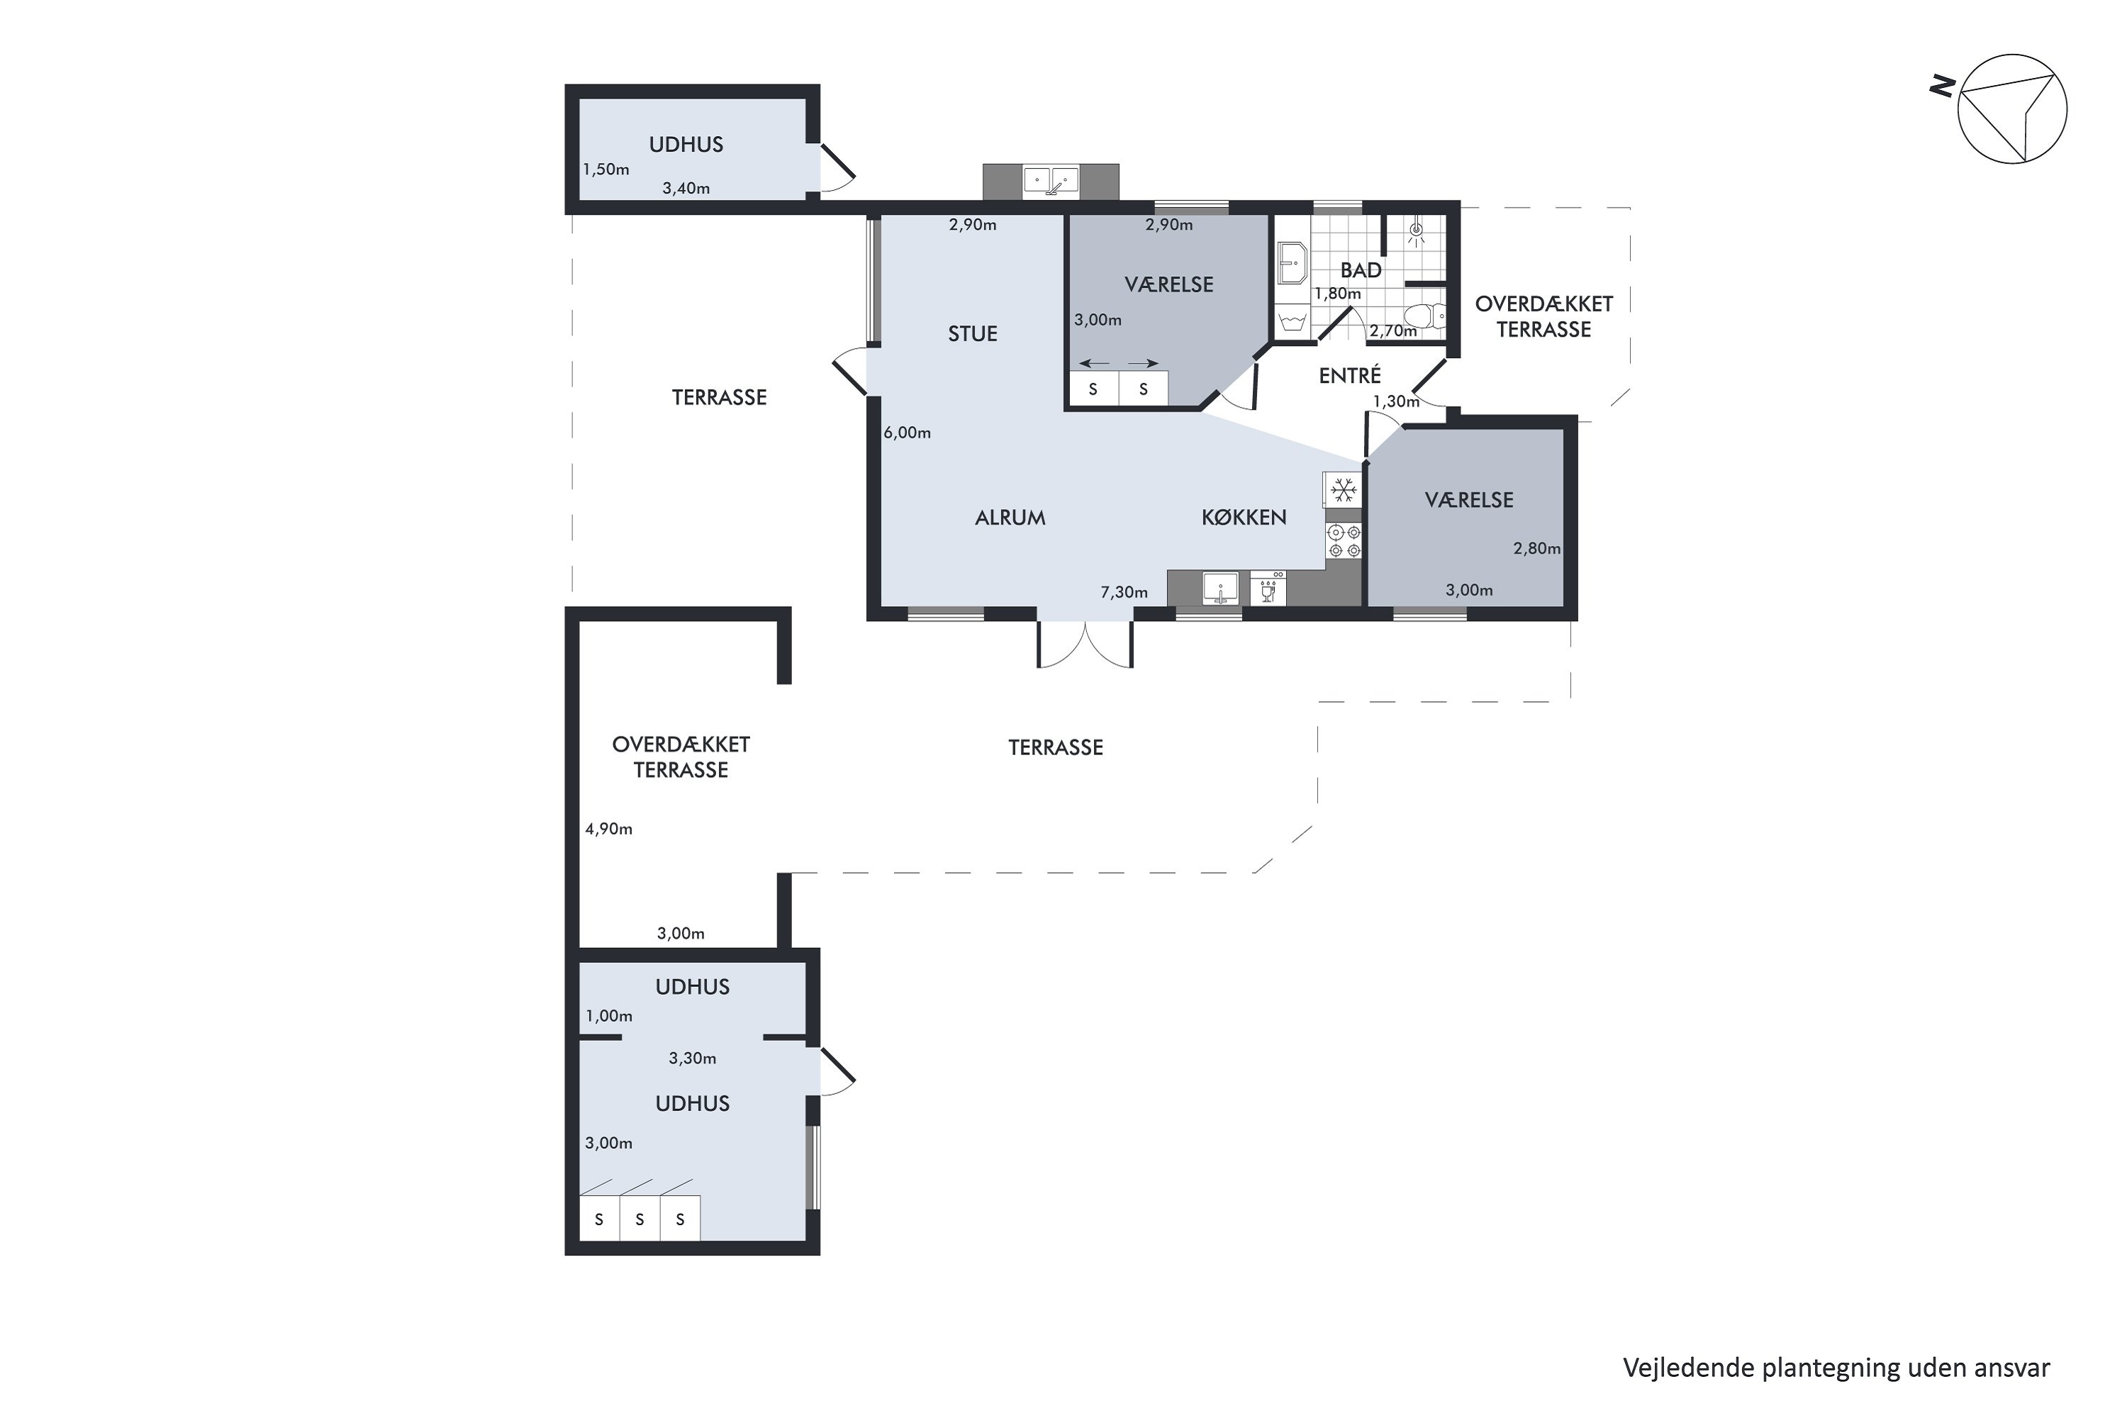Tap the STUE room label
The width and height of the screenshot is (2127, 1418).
972,334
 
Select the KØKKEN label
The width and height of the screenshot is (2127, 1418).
1244,518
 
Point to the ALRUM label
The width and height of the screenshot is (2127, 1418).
1010,518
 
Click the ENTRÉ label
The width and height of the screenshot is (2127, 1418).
1349,374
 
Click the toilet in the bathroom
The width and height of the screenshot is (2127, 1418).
1425,316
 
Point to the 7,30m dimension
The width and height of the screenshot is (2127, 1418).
1124,592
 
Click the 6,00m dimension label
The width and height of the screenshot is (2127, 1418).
907,433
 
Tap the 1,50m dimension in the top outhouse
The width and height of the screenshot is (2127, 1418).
606,169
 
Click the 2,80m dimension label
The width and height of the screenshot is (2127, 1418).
1537,548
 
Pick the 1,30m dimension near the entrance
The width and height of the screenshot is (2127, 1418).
1396,401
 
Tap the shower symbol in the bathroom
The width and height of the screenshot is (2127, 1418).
1416,232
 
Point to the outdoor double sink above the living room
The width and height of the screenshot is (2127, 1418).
1051,181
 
